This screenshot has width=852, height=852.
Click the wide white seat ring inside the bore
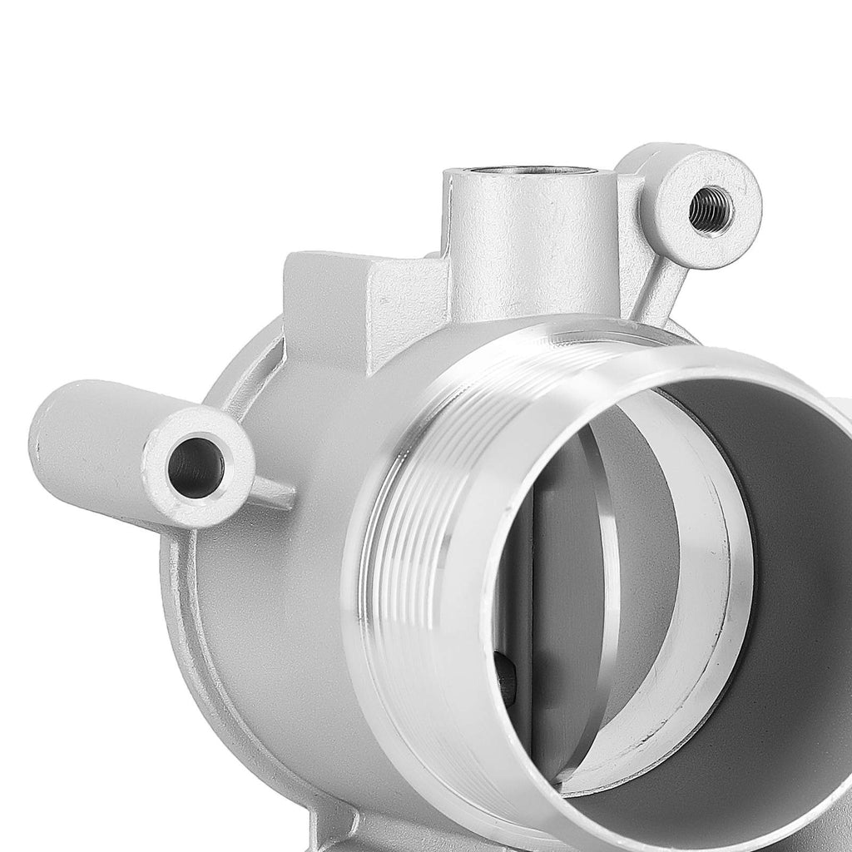(707, 599)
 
